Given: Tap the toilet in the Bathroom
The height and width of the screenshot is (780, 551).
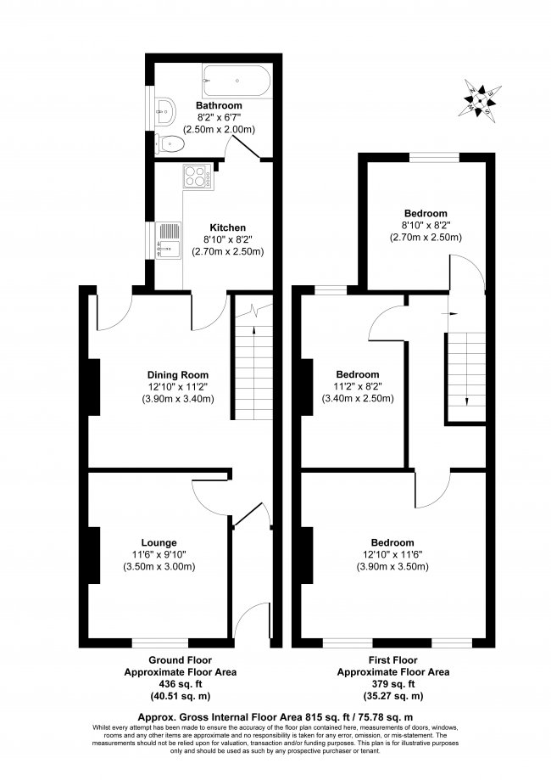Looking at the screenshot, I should [x=171, y=144].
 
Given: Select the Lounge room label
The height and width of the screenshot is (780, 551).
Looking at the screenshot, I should [x=159, y=542].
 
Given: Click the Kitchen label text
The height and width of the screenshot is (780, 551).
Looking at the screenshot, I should [x=227, y=227].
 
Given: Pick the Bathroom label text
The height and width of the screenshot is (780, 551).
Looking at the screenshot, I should [x=220, y=105].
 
